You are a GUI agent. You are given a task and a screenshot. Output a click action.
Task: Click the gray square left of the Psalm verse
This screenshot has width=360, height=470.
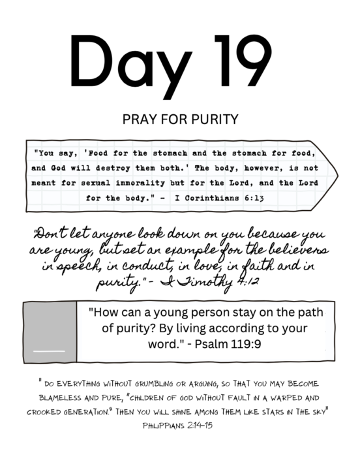pyautogui.click(x=49, y=332)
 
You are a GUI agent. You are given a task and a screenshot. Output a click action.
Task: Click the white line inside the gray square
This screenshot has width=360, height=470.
pyautogui.click(x=49, y=351)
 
